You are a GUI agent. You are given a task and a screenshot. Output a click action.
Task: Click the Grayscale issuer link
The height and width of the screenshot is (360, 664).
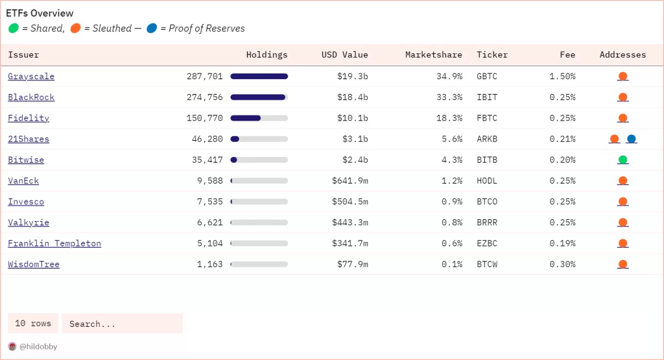pyautogui.click(x=31, y=77)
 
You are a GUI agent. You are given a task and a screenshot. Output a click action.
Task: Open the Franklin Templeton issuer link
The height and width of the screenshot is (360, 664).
pyautogui.click(x=54, y=243)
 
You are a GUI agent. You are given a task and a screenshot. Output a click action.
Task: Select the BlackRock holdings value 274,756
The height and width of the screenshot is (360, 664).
pyautogui.click(x=204, y=97)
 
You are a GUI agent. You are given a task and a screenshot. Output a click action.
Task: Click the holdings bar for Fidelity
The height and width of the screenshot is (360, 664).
pyautogui.click(x=259, y=118)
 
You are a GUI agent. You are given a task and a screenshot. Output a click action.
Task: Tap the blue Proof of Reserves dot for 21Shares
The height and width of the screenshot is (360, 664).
pyautogui.click(x=632, y=139)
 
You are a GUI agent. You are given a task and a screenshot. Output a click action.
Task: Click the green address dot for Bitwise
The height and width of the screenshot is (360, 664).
pyautogui.click(x=622, y=160)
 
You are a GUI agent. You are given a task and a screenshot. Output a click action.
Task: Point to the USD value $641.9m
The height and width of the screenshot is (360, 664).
pyautogui.click(x=350, y=181)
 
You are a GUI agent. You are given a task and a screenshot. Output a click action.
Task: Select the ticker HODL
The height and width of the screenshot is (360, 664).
pyautogui.click(x=487, y=181)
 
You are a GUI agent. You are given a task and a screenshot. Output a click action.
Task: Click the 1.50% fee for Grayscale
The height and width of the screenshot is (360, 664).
pyautogui.click(x=562, y=77)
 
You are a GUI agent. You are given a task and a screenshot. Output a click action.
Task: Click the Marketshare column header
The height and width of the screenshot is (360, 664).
pyautogui.click(x=433, y=55)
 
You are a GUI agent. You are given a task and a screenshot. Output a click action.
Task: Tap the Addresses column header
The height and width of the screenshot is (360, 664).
pyautogui.click(x=622, y=55)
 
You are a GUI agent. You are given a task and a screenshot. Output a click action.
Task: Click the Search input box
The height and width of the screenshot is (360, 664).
pyautogui.click(x=122, y=324)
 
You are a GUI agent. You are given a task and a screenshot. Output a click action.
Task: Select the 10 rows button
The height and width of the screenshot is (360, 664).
pyautogui.click(x=33, y=324)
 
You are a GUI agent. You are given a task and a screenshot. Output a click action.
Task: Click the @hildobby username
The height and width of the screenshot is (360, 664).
pyautogui.click(x=38, y=347)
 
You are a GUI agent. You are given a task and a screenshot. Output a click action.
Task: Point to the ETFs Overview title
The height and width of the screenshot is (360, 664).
pyautogui.click(x=40, y=14)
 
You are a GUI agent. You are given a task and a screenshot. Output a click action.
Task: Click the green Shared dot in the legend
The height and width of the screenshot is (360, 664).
pyautogui.click(x=14, y=29)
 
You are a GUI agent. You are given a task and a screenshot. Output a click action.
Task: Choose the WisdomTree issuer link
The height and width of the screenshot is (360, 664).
pyautogui.click(x=34, y=264)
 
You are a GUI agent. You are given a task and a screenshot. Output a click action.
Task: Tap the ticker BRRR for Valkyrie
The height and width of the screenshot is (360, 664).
pyautogui.click(x=487, y=222)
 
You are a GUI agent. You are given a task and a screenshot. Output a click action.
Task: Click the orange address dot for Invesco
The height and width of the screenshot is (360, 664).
pyautogui.click(x=622, y=202)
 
